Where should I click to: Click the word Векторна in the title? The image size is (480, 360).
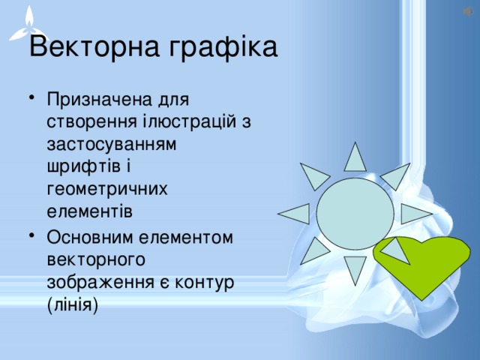pos(94,48)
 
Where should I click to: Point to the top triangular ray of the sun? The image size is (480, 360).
pos(355,157)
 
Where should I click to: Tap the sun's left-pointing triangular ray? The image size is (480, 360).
pos(295,214)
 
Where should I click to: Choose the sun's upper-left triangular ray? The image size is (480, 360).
pos(314,175)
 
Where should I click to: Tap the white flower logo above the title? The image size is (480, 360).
pos(28,22)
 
